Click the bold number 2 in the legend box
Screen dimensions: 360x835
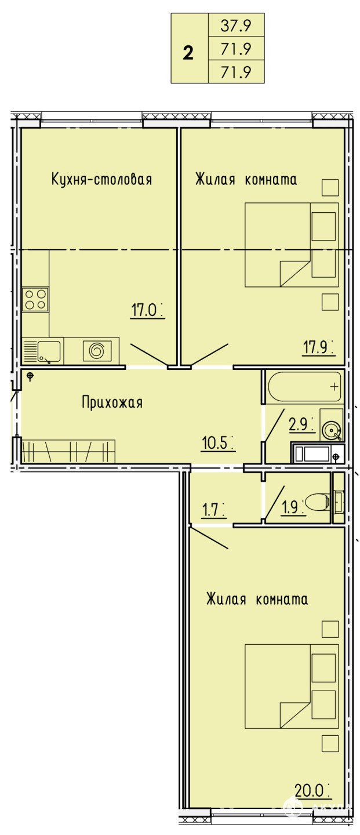coord(188,53)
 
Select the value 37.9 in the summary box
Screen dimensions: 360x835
coord(237,26)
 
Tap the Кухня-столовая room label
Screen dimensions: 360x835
coord(102,179)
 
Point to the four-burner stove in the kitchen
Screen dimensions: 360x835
coord(35,299)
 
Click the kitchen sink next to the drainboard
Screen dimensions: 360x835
coord(48,351)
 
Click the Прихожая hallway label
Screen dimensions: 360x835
coord(112,402)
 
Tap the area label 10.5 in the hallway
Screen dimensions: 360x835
coord(217,443)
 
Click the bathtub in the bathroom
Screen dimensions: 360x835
coord(304,386)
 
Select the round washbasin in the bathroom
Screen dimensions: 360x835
coord(332,430)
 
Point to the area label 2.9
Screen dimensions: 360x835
coord(301,424)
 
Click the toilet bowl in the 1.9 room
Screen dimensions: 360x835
coord(317,503)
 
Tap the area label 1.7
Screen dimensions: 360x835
coord(213,510)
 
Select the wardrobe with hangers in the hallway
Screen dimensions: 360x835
coord(68,451)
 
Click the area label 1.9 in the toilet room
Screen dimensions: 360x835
coord(293,507)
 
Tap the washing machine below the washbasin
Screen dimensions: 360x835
coord(317,453)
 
